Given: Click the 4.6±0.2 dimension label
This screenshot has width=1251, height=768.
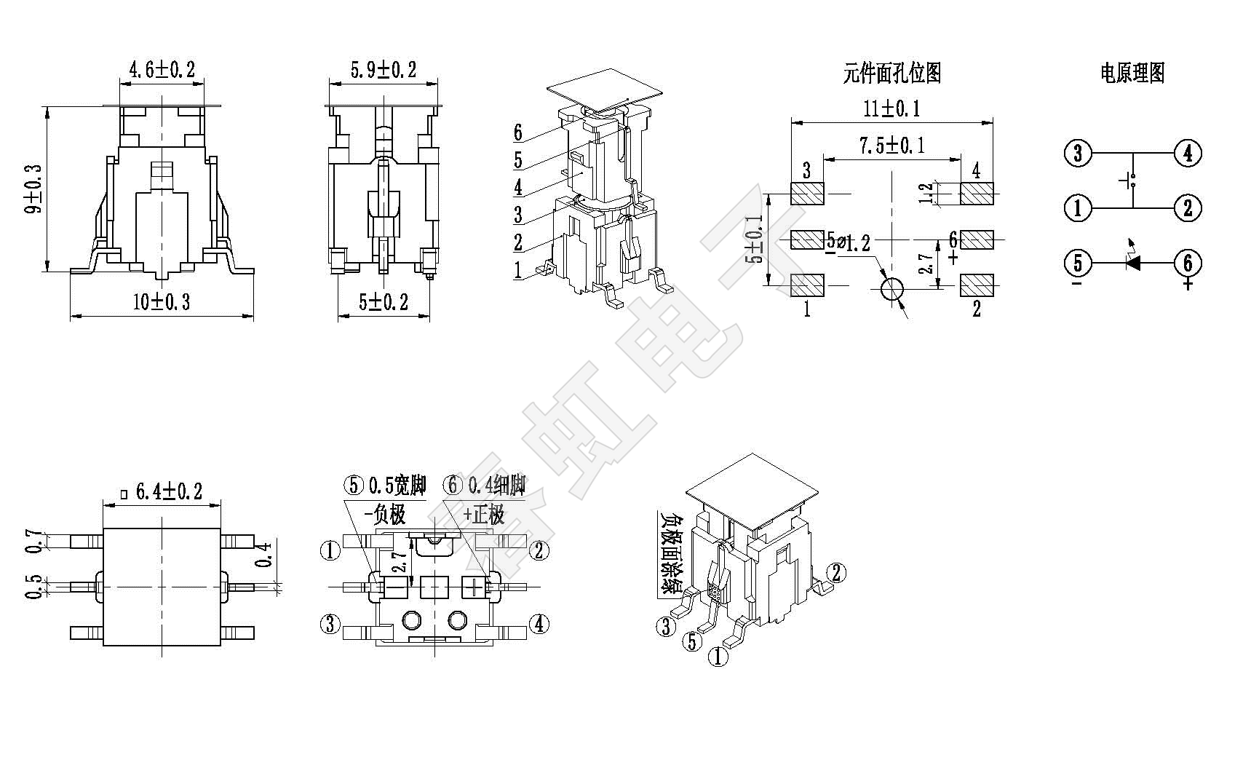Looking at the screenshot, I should (162, 70).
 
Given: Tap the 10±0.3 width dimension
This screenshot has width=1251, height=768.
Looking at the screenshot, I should (162, 302).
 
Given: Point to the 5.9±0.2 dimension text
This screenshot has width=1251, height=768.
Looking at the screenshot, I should (384, 70).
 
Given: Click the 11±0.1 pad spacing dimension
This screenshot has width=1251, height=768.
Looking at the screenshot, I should (891, 109).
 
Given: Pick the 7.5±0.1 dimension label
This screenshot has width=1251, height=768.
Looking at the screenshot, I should (891, 146).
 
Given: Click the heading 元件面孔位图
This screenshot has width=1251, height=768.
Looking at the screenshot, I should (892, 73).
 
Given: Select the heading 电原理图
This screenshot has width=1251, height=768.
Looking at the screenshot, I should (1132, 73).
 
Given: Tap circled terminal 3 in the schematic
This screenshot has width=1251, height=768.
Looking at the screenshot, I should (1078, 154).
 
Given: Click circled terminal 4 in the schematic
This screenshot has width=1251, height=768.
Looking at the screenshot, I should (1188, 154).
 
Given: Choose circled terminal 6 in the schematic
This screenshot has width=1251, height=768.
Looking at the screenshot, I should (1188, 263).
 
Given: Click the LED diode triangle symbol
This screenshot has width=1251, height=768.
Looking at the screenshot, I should (1132, 263).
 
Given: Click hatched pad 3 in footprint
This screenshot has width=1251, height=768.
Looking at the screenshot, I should (807, 194).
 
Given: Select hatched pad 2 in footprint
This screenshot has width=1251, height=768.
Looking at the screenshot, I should (977, 285).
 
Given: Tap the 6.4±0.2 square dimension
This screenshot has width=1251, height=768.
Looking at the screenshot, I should (169, 492).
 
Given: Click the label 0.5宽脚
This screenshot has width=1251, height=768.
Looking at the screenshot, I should (397, 486).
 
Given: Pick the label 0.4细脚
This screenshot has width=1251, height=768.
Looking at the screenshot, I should (497, 486).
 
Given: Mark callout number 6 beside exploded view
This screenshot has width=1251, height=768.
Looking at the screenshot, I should (518, 132).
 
